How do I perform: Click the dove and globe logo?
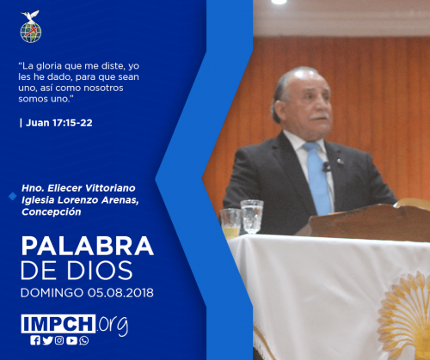tap(31, 27)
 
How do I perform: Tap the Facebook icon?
tap(35, 340)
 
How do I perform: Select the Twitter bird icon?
tap(47, 340)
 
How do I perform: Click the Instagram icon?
tap(59, 340)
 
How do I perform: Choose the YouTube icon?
tap(71, 340)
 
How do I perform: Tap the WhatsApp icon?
tap(84, 340)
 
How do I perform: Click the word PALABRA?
tap(88, 246)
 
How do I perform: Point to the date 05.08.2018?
tap(120, 293)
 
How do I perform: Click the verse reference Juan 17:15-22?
tap(59, 123)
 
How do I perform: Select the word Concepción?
tap(52, 212)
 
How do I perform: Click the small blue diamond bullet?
tap(13, 196)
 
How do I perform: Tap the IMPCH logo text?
tap(58, 324)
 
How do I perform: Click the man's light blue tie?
tap(318, 178)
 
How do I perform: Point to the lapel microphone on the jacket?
tap(326, 167)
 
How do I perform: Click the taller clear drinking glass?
tap(252, 217)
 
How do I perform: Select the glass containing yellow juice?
tap(230, 223)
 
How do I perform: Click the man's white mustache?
tap(319, 117)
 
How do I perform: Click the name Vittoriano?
tap(110, 188)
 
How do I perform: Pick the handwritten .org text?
tap(113, 325)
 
